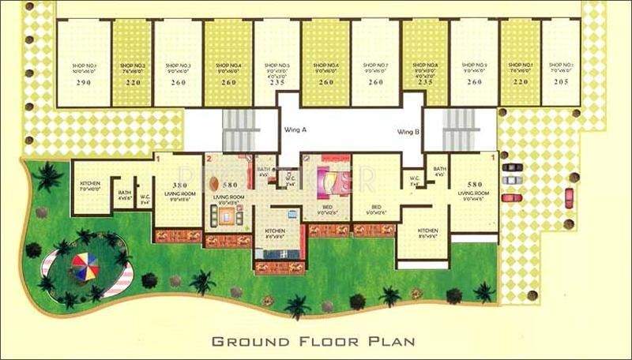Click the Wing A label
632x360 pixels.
coord(295,130)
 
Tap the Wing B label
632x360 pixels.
coord(408,132)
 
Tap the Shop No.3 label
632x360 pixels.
coord(178,66)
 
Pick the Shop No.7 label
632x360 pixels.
coord(375,66)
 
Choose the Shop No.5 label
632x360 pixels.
coord(276,66)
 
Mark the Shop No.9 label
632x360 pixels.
coord(475,66)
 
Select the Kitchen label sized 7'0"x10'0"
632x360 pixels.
coord(89,186)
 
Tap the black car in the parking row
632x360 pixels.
coord(511,167)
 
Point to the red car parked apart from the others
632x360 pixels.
coord(568,197)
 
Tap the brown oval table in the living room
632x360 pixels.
coord(216,184)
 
